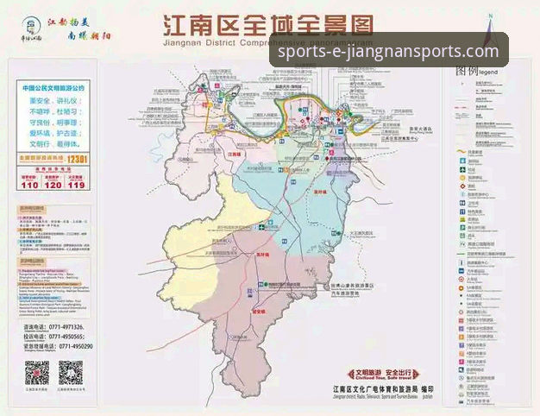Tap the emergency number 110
29,185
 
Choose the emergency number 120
53,185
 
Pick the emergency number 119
76,185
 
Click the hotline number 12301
78,160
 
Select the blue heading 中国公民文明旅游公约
53,88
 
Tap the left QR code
36,373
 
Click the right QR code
71,373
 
